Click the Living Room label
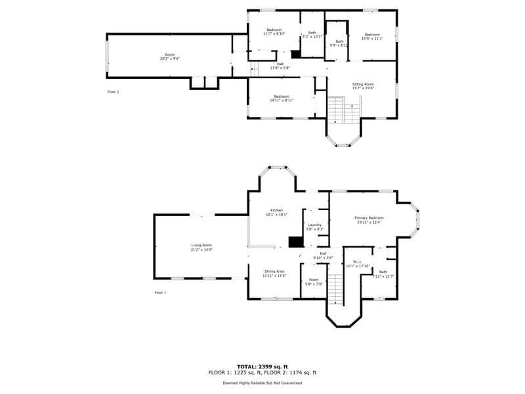click(201, 247)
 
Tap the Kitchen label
click(276, 212)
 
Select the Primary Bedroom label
click(369, 220)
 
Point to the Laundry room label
click(314, 227)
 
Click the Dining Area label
click(274, 273)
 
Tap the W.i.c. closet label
click(358, 263)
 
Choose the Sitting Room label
click(363, 86)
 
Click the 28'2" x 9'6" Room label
click(170, 56)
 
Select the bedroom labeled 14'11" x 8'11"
click(282, 98)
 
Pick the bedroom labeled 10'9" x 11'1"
click(372, 37)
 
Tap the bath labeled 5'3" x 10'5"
click(312, 35)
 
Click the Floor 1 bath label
click(383, 274)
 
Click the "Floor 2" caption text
click(113, 92)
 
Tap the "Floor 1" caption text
click(160, 292)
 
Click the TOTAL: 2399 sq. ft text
click(262, 366)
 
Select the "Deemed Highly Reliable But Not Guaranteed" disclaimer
click(262, 383)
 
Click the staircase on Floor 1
click(335, 290)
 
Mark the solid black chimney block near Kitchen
click(296, 242)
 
